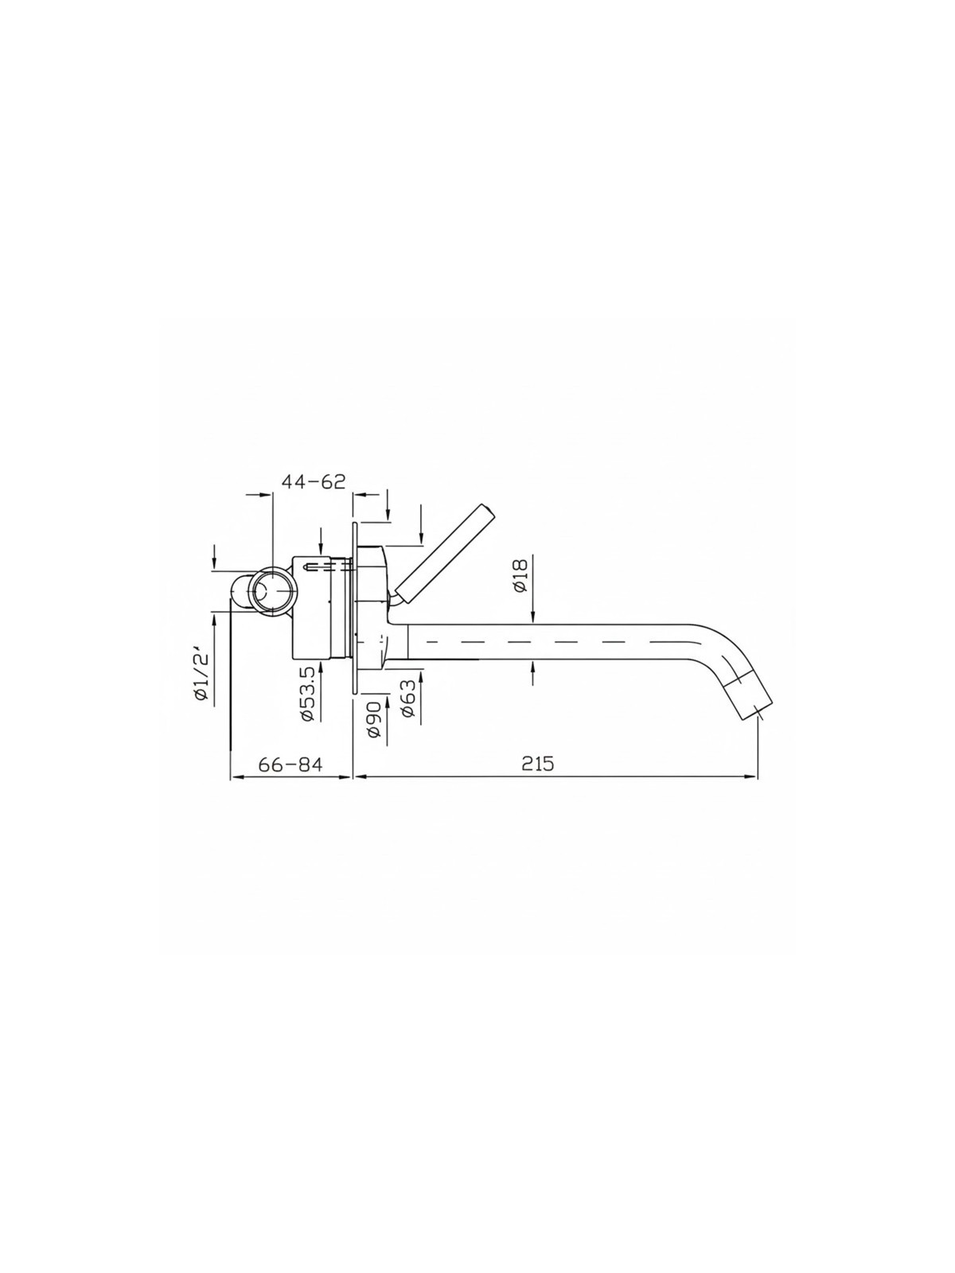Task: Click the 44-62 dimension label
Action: [313, 481]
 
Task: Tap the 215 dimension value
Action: [537, 764]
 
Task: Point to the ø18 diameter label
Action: [520, 575]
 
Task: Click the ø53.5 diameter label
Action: [307, 694]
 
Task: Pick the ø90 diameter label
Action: [374, 719]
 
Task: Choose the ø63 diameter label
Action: [408, 699]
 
